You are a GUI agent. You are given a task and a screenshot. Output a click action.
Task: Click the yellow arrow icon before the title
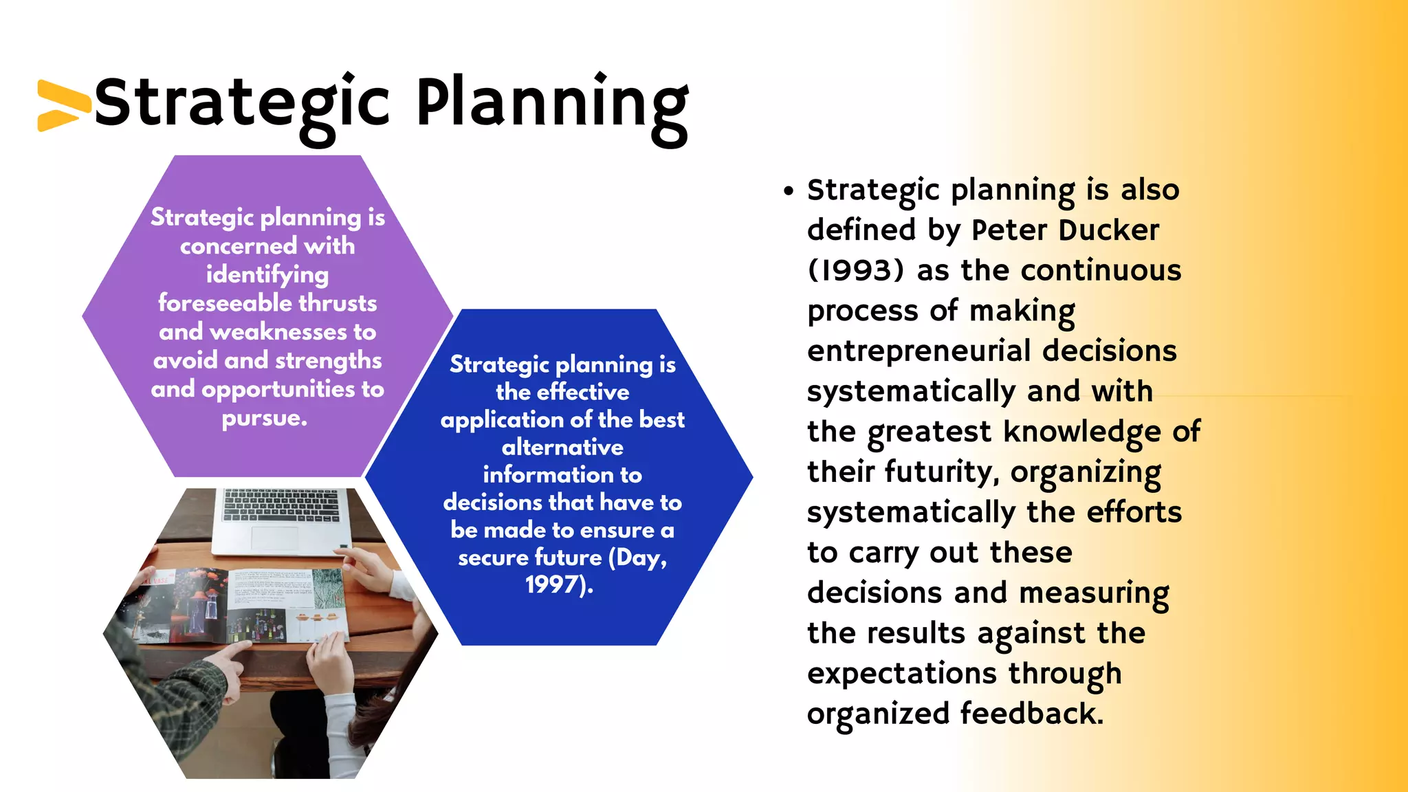[x=62, y=105]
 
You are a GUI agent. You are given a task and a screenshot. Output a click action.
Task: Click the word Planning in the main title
[x=552, y=104]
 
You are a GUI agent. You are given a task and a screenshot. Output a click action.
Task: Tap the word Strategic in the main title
[x=242, y=104]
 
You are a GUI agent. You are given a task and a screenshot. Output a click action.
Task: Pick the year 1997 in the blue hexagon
[x=553, y=585]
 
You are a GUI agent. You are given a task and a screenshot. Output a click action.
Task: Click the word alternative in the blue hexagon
[x=562, y=448]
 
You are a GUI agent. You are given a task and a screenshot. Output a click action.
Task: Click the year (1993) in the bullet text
[x=855, y=271]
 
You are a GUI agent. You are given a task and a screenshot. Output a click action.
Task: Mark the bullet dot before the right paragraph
[x=789, y=191]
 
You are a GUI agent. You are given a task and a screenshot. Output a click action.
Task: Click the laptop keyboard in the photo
[x=282, y=505]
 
